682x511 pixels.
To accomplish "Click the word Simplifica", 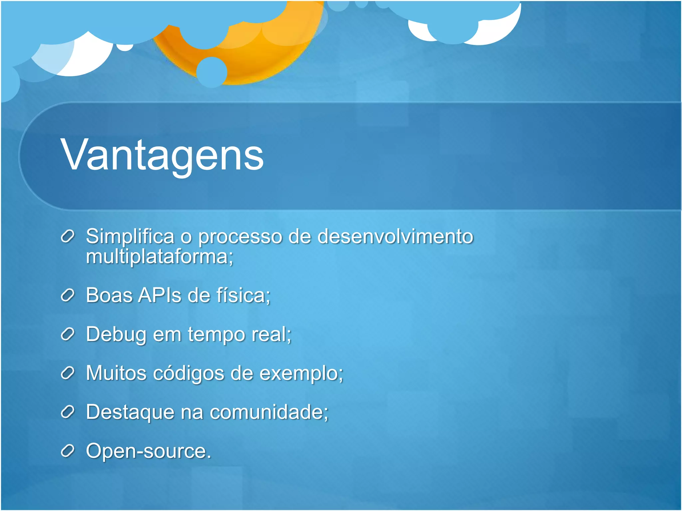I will pos(130,237).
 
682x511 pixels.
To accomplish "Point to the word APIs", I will pos(160,295).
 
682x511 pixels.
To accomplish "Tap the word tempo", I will pos(216,334).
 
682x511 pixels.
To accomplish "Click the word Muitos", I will pos(116,373).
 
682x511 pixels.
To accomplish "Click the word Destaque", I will pos(130,412).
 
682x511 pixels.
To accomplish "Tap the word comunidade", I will pos(266,412).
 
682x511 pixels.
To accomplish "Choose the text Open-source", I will pos(148,451).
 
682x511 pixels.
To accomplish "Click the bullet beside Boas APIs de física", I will pos(67,295).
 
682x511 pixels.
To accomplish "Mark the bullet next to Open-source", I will pos(67,451).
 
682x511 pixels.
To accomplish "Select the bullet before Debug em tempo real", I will pos(67,334).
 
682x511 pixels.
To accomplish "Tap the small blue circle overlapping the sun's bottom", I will pos(212,72).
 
